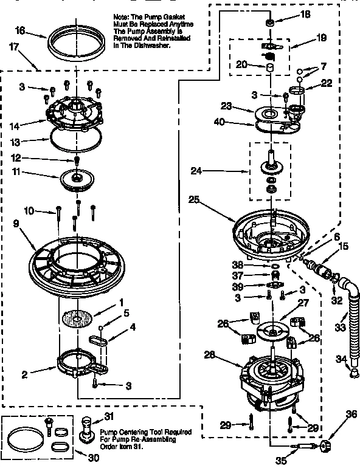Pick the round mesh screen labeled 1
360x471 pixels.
point(80,317)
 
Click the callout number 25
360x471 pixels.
point(193,199)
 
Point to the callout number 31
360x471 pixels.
point(109,416)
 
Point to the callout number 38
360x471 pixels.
point(237,266)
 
